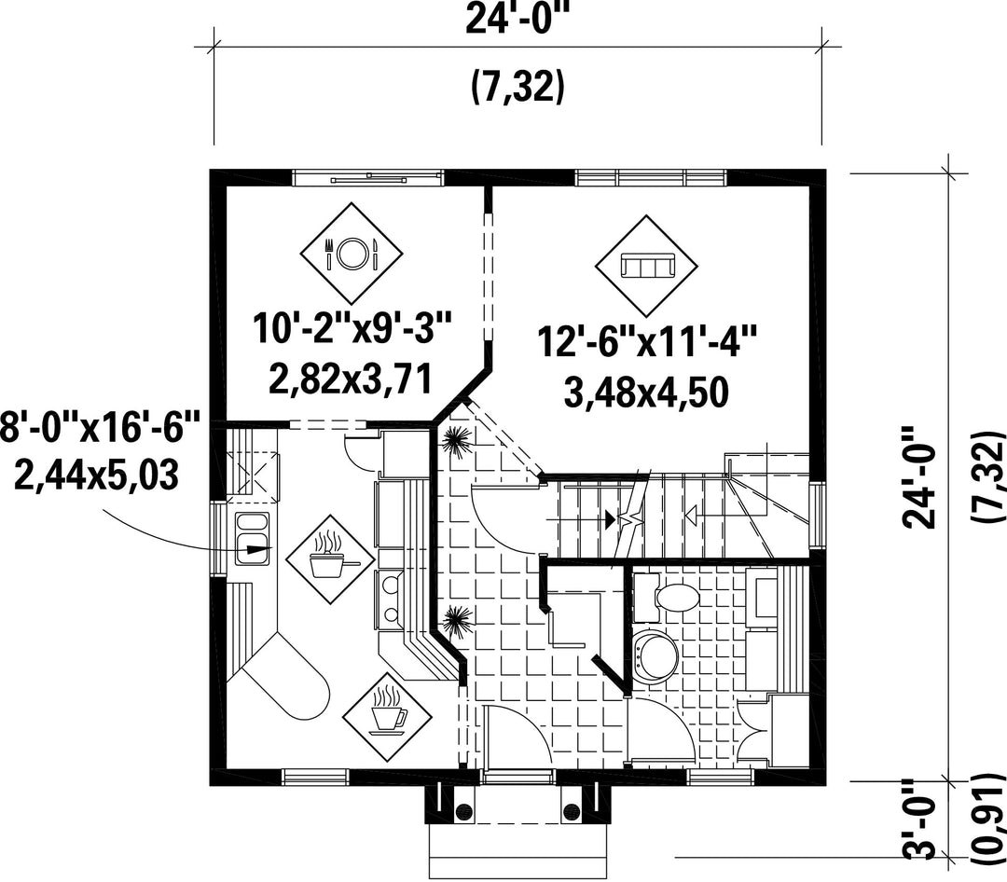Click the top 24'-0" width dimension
point(517,20)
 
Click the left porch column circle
point(463,811)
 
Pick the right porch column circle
point(571,811)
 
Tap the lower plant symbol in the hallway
point(457,621)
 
